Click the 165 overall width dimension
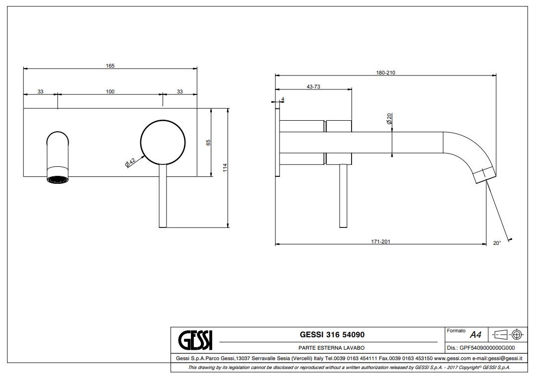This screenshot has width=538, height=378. click(110, 66)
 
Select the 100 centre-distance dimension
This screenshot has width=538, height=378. click(110, 91)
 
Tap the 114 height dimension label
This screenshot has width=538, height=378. click(225, 167)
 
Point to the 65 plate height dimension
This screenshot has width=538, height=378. click(208, 142)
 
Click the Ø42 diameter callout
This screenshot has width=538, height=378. click(130, 162)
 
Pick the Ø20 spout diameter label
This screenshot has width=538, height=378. click(389, 119)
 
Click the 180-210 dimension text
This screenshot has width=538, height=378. click(386, 73)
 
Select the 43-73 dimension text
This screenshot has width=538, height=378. click(313, 87)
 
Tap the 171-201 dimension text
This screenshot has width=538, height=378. click(380, 241)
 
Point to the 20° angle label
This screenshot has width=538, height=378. click(497, 243)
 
